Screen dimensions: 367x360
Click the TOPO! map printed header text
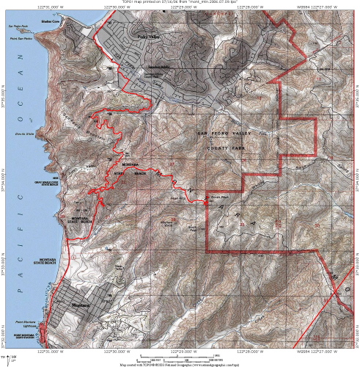tap(179, 2)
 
